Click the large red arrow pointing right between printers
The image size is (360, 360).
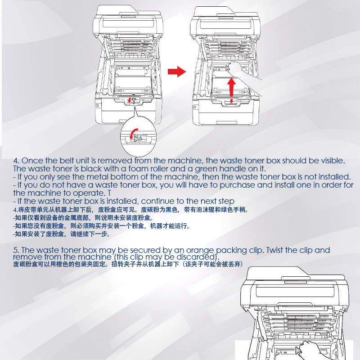pos(177,72)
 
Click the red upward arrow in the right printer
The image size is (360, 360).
pos(232,90)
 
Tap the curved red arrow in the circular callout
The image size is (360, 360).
pos(133,134)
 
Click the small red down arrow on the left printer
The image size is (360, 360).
pos(130,100)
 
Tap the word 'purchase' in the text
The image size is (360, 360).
pos(237,185)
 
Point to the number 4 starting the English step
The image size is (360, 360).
pos(15,161)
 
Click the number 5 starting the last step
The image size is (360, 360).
pos(15,250)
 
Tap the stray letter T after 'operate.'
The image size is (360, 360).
pos(109,193)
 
